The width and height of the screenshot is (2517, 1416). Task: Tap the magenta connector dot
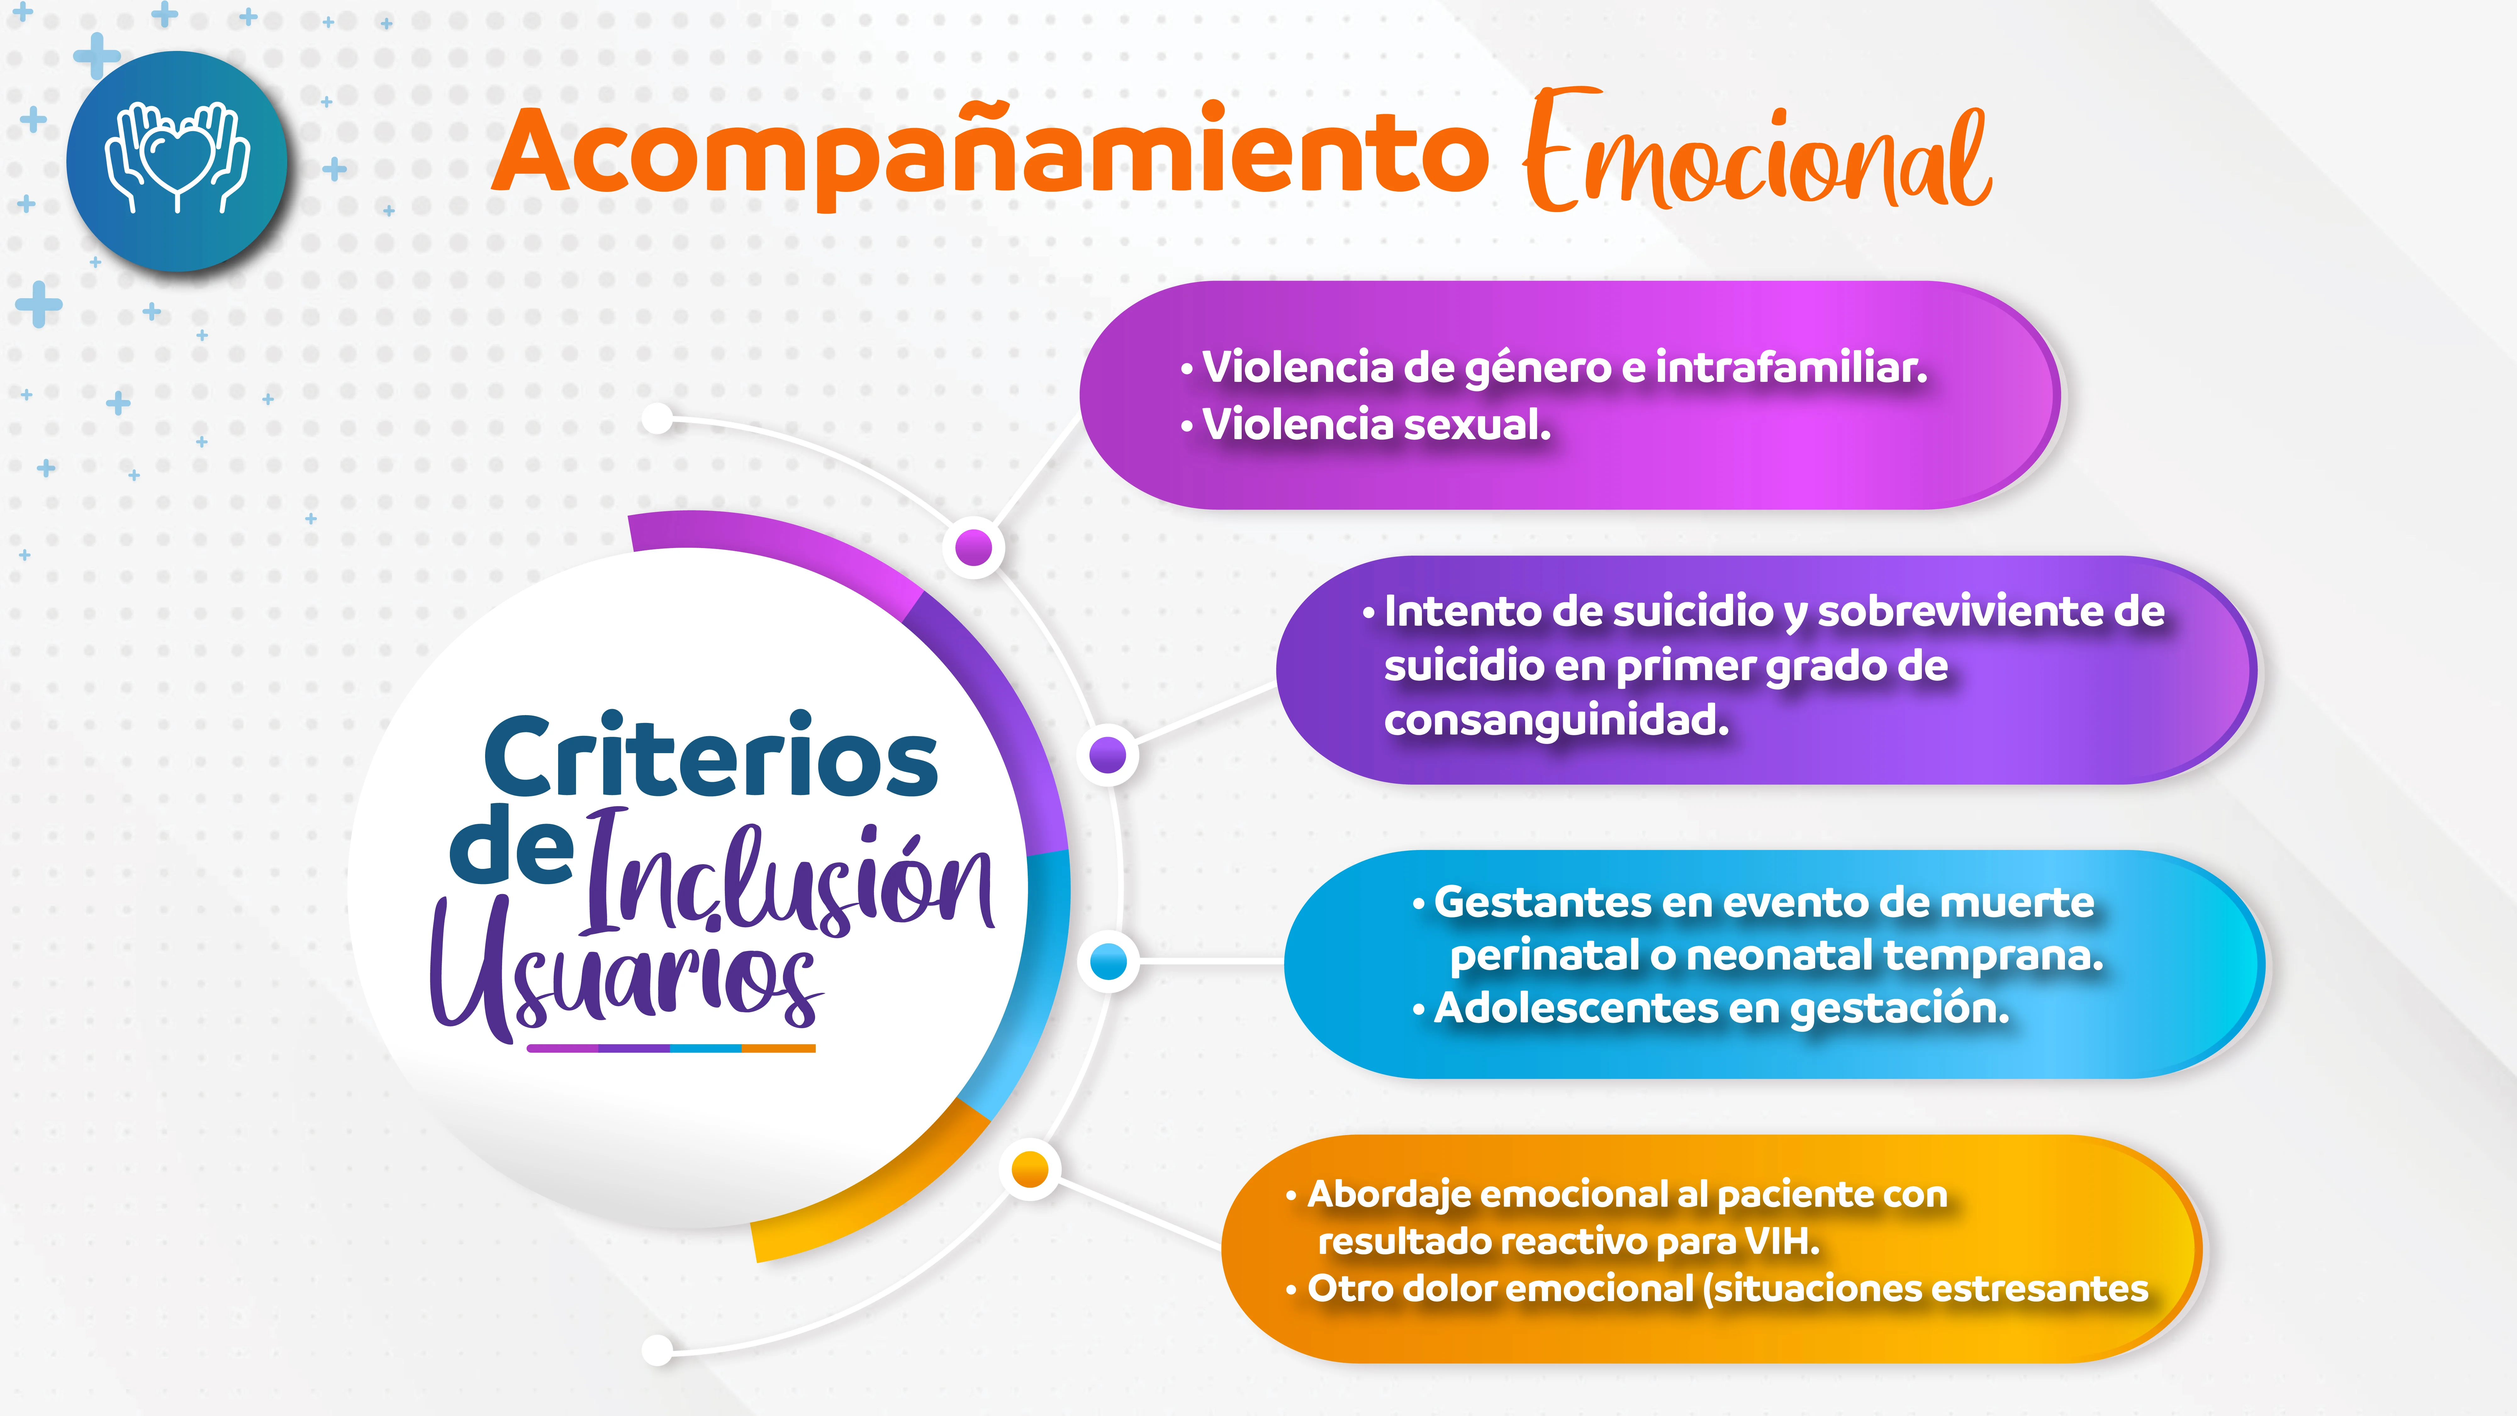(973, 547)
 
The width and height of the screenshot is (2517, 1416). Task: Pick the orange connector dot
(1030, 1169)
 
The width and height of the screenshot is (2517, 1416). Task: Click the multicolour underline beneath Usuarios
(671, 1049)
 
